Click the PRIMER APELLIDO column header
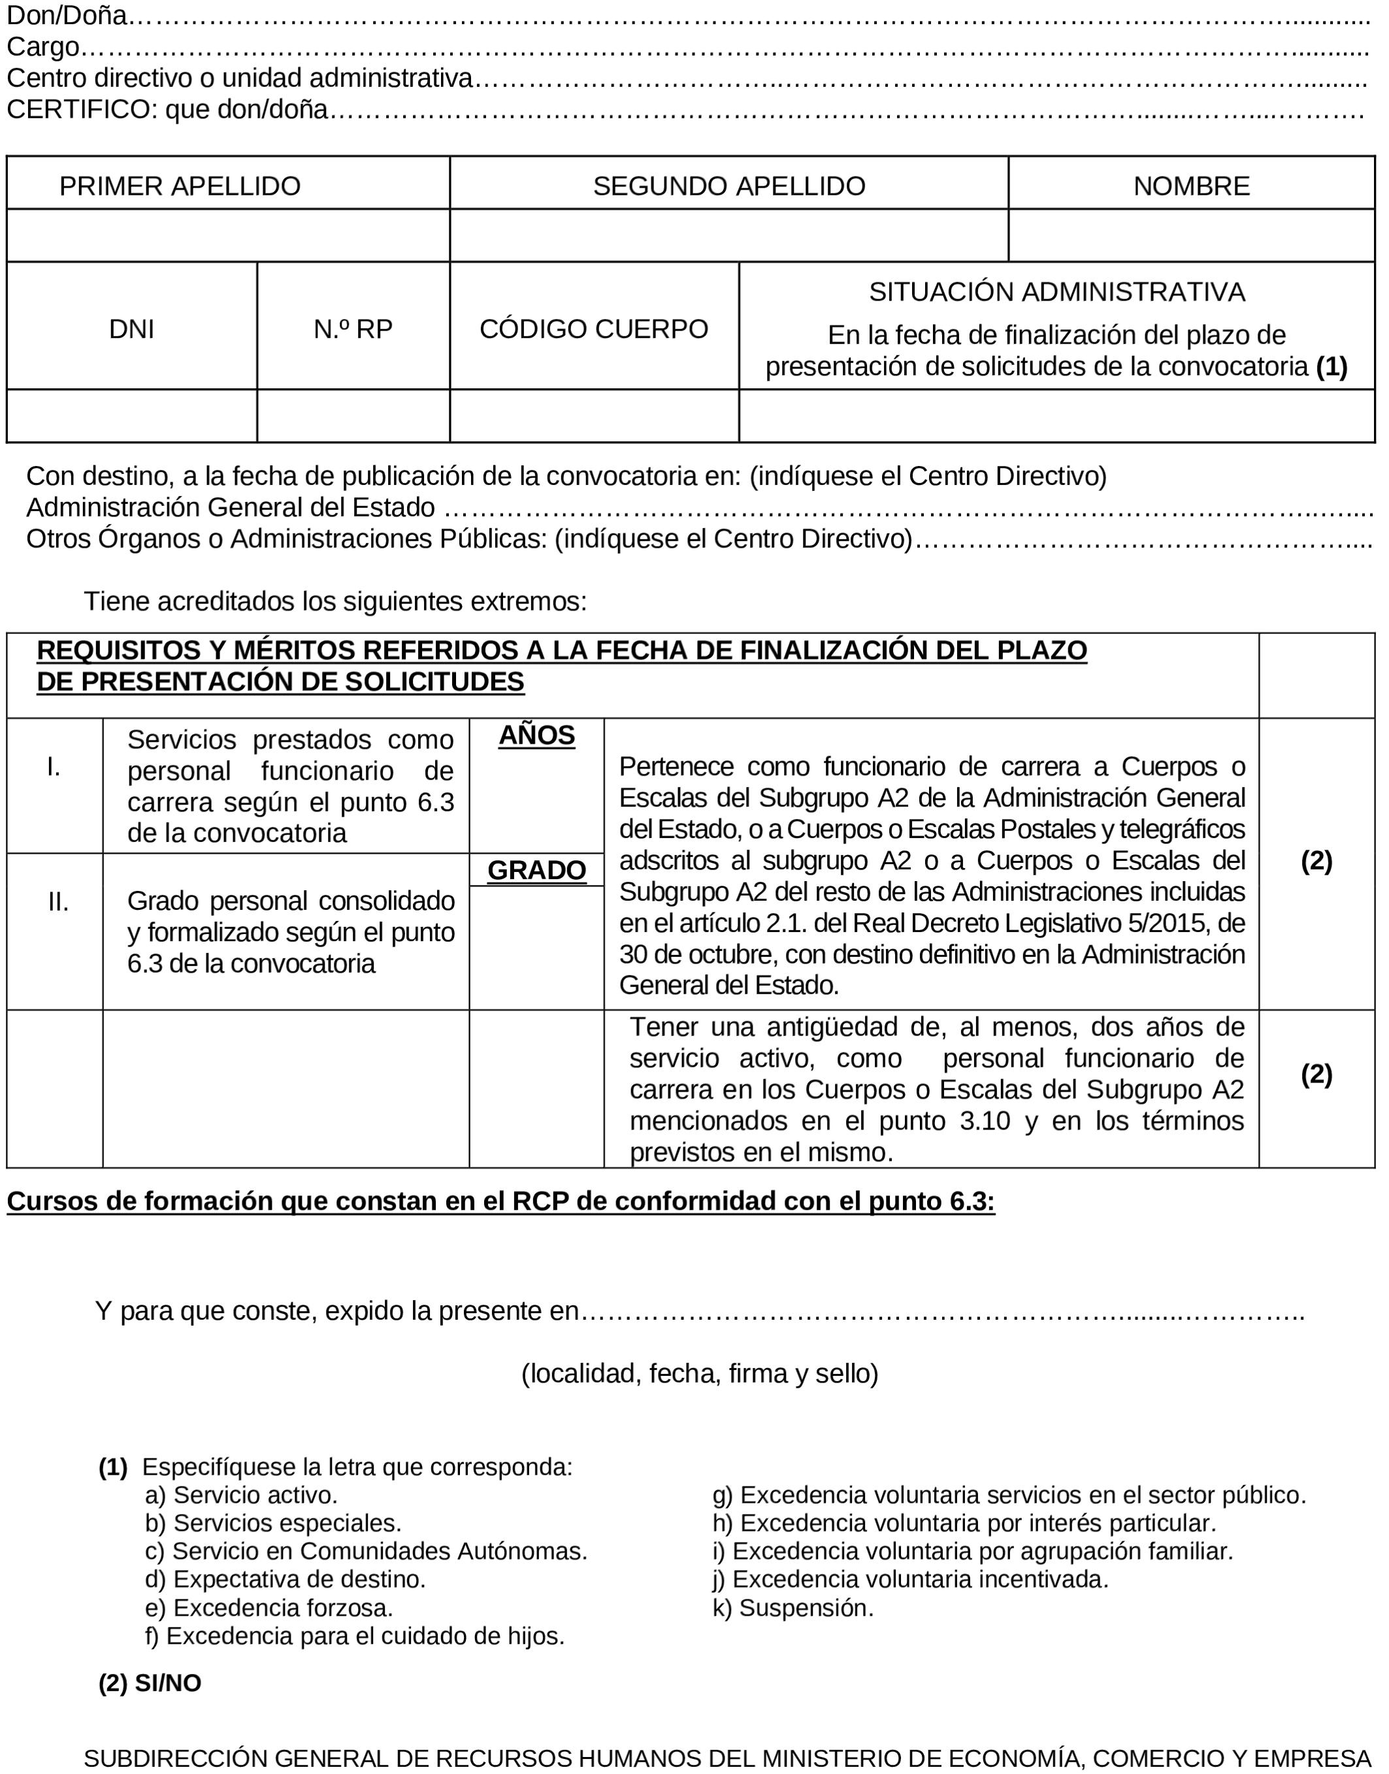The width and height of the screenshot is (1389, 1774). pyautogui.click(x=180, y=186)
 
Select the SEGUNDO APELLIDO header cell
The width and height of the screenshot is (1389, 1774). pyautogui.click(x=728, y=186)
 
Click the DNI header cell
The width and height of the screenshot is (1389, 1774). pyautogui.click(x=132, y=329)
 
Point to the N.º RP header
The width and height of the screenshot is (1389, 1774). pyautogui.click(x=353, y=329)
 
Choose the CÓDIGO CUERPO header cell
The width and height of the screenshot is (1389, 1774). pyautogui.click(x=594, y=329)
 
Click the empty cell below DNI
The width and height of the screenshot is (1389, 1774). pyautogui.click(x=132, y=416)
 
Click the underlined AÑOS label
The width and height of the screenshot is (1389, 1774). pyautogui.click(x=537, y=735)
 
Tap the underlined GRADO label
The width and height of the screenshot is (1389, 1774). pyautogui.click(x=537, y=870)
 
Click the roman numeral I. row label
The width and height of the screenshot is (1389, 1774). pyautogui.click(x=54, y=766)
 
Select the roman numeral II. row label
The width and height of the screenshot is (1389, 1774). pyautogui.click(x=57, y=901)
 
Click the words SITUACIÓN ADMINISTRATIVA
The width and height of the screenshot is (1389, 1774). pyautogui.click(x=1056, y=292)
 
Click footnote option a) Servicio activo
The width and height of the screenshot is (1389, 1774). pyautogui.click(x=242, y=1495)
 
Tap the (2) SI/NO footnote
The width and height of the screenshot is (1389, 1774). pyautogui.click(x=150, y=1683)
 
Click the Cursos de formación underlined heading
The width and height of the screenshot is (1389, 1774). pyautogui.click(x=500, y=1201)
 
